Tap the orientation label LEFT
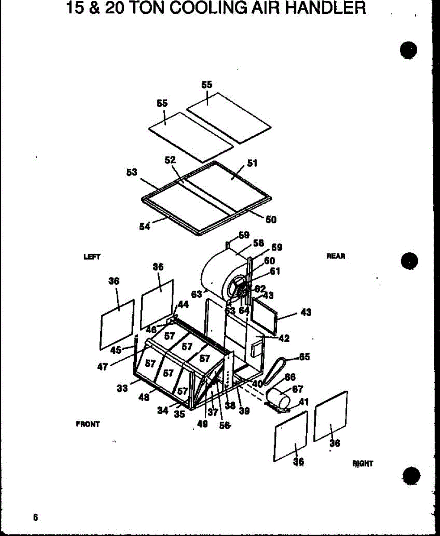pos(92,257)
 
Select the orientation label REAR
pos(336,256)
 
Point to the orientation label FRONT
pos(88,424)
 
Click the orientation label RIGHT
pos(363,464)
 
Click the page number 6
pos(35,518)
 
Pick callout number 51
pos(252,163)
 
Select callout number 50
pos(271,219)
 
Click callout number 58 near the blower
pos(258,243)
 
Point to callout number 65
pos(305,357)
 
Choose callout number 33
pos(123,389)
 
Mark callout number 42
pos(283,339)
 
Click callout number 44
pos(183,304)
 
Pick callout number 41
pos(304,402)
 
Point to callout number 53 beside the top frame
pos(131,172)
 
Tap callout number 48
pos(144,397)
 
